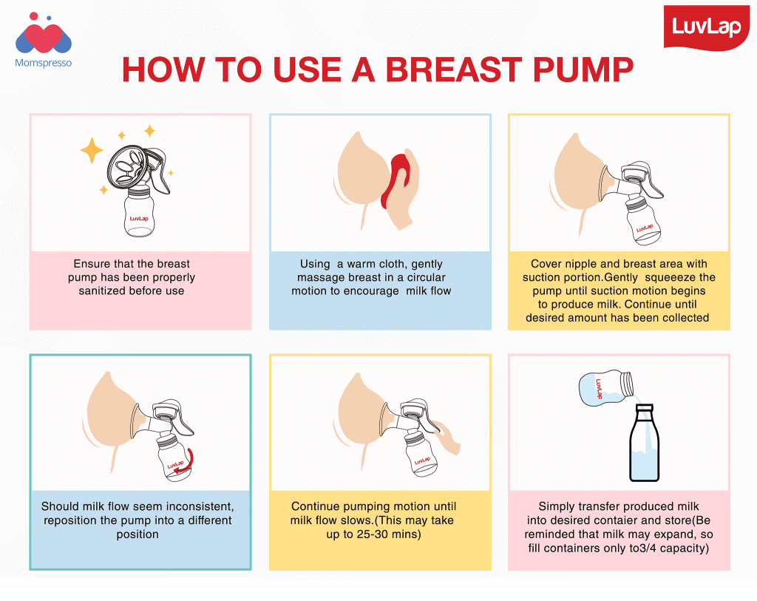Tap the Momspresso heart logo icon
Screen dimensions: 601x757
(43, 34)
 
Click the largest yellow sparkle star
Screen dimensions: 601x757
(92, 151)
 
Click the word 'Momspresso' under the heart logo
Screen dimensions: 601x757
(43, 64)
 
